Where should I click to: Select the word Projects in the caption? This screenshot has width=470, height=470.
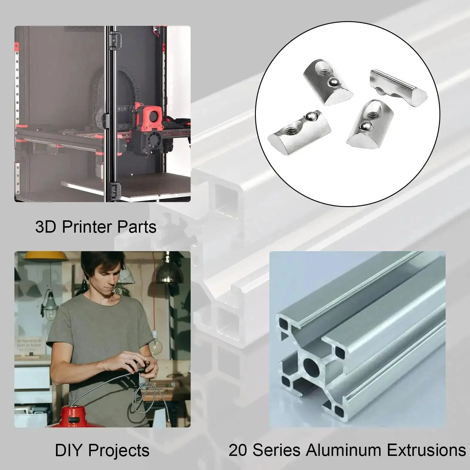pos(119,451)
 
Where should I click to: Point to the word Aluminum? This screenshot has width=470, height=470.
pos(343,450)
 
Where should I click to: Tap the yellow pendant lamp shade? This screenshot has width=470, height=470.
pos(44,256)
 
